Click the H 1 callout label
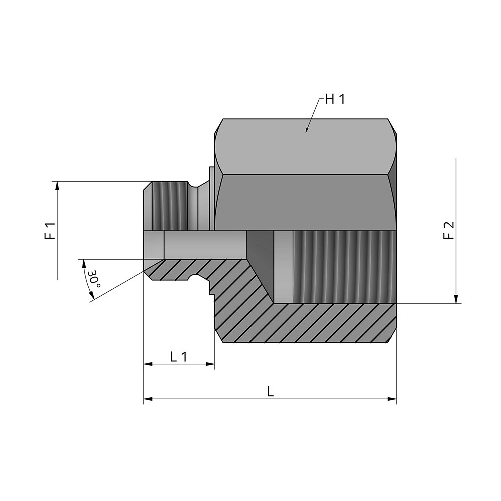335,99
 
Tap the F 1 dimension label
50,230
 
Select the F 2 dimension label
449,230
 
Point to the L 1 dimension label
178,357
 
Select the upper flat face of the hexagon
306,147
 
